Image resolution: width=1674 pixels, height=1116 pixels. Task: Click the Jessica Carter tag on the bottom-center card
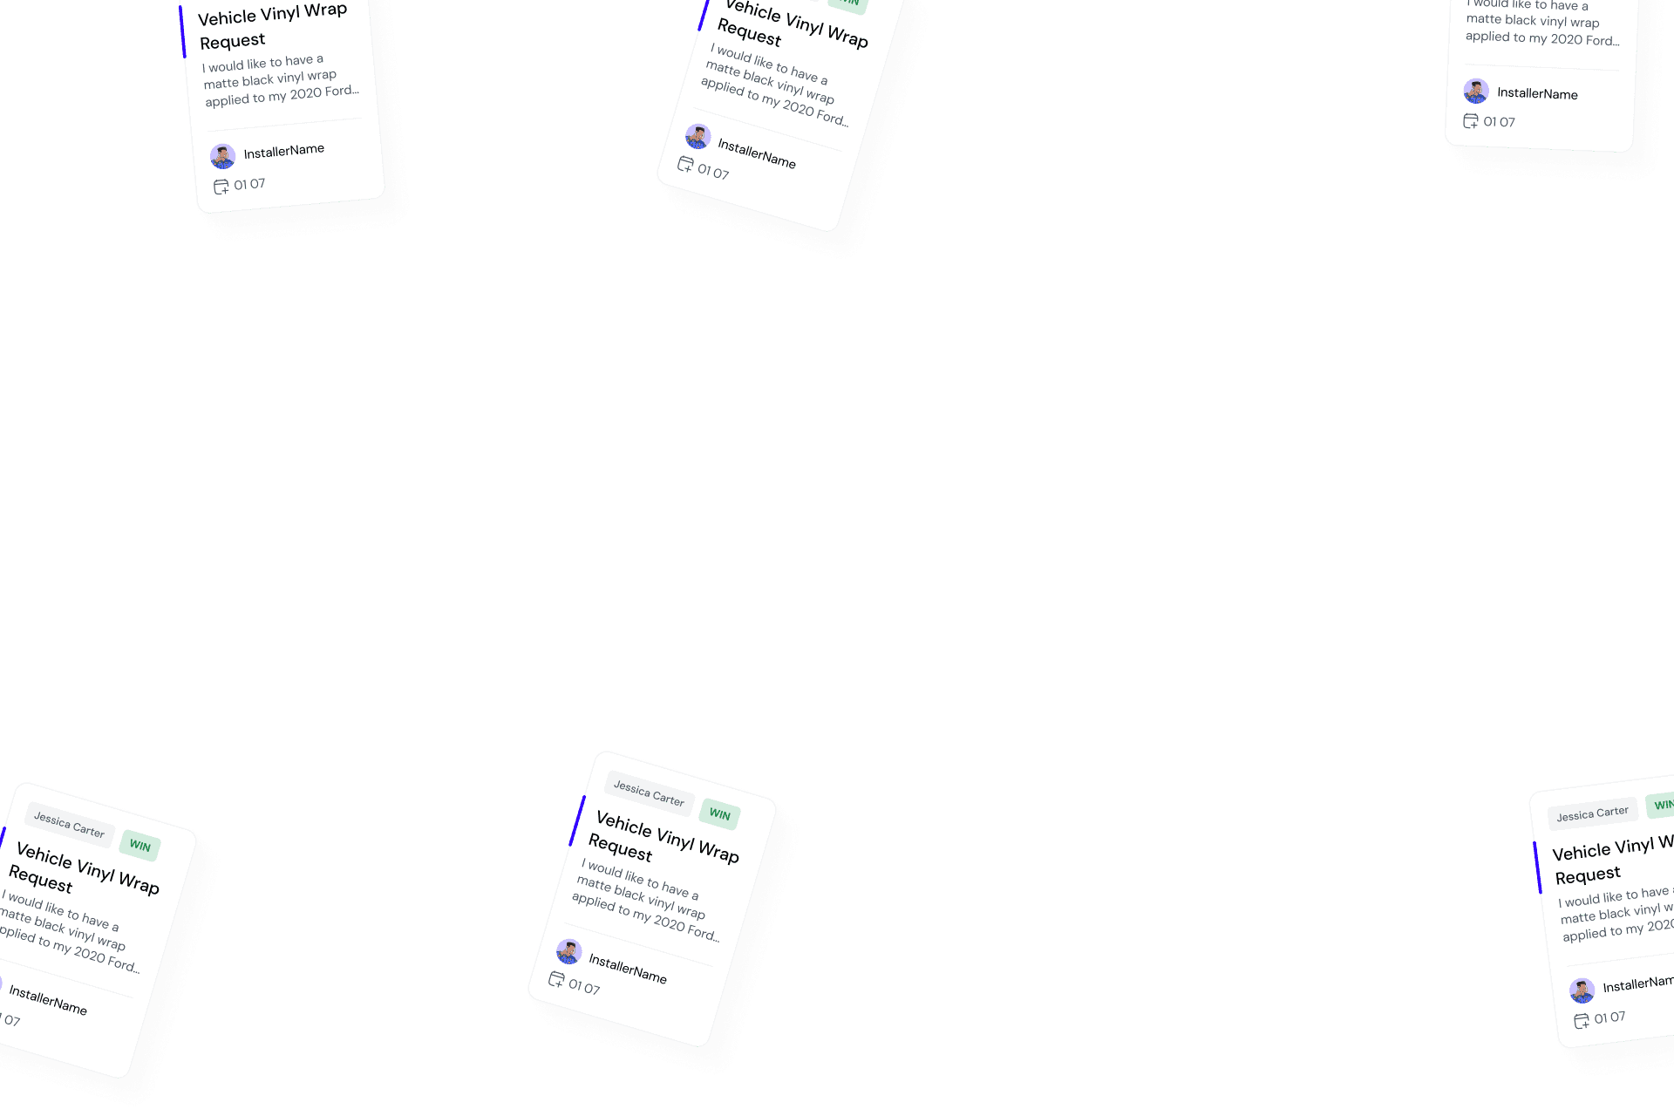point(649,793)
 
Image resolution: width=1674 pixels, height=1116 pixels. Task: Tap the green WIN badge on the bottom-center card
point(719,814)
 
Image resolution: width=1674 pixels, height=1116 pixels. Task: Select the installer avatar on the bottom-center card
point(569,951)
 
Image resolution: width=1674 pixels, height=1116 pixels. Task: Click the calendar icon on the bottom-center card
point(556,980)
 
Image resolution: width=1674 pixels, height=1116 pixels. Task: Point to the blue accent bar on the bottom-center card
point(577,820)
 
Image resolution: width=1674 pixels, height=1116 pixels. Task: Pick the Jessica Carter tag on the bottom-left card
point(69,825)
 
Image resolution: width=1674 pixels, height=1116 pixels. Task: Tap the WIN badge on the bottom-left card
point(139,846)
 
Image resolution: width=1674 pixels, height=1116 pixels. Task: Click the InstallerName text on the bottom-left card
point(48,1000)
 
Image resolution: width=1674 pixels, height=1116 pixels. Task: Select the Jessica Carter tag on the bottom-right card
point(1592,814)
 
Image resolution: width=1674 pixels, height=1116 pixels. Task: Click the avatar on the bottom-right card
point(1582,990)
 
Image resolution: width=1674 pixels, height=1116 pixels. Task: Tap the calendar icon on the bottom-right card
point(1582,1021)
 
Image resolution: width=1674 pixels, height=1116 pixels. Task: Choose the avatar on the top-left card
point(223,157)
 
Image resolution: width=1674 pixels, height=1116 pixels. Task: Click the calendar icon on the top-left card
point(221,187)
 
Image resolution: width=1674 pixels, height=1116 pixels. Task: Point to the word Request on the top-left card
point(232,41)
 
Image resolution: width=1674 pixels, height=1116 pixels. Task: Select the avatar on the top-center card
point(697,137)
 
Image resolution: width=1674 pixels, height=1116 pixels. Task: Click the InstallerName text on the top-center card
point(756,155)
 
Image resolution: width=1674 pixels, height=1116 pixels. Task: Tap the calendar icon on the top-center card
point(685,164)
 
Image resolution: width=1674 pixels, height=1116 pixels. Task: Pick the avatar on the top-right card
point(1475,91)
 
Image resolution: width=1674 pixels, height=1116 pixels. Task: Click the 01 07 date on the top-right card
point(1499,122)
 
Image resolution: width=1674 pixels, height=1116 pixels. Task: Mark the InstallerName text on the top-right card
point(1537,93)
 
